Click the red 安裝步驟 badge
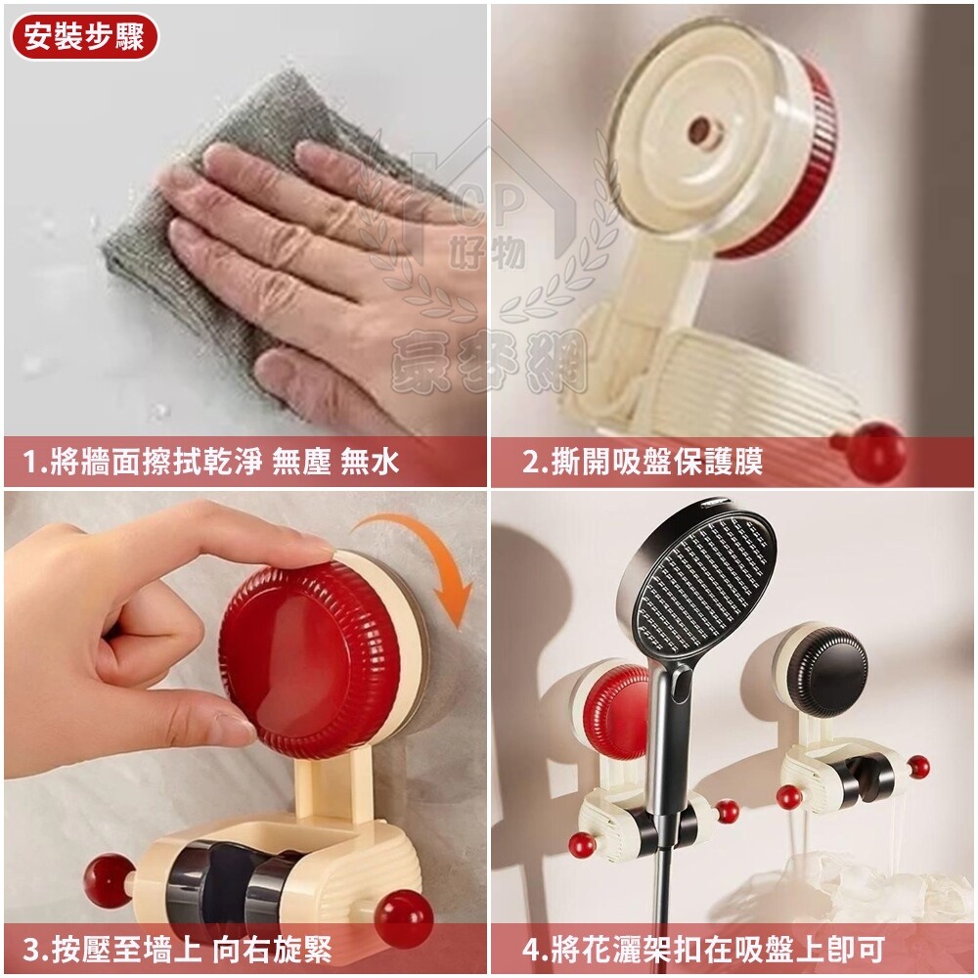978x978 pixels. point(85,37)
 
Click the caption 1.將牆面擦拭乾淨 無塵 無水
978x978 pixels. point(211,463)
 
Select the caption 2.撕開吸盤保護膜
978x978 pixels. point(643,463)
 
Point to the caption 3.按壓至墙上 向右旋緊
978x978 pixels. point(177,950)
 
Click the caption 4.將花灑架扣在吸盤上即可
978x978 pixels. point(703,950)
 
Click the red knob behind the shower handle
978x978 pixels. point(614,711)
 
